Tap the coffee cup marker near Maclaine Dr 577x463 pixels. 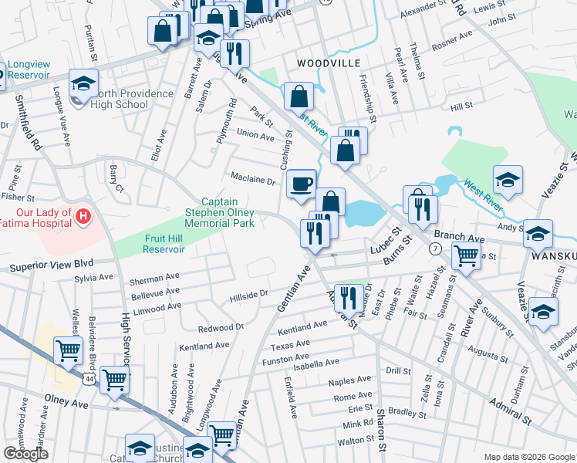click(302, 184)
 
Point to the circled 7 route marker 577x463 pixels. click(436, 249)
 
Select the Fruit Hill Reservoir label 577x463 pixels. click(164, 244)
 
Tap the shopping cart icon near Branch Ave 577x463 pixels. click(467, 255)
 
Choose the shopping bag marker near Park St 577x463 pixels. click(299, 97)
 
